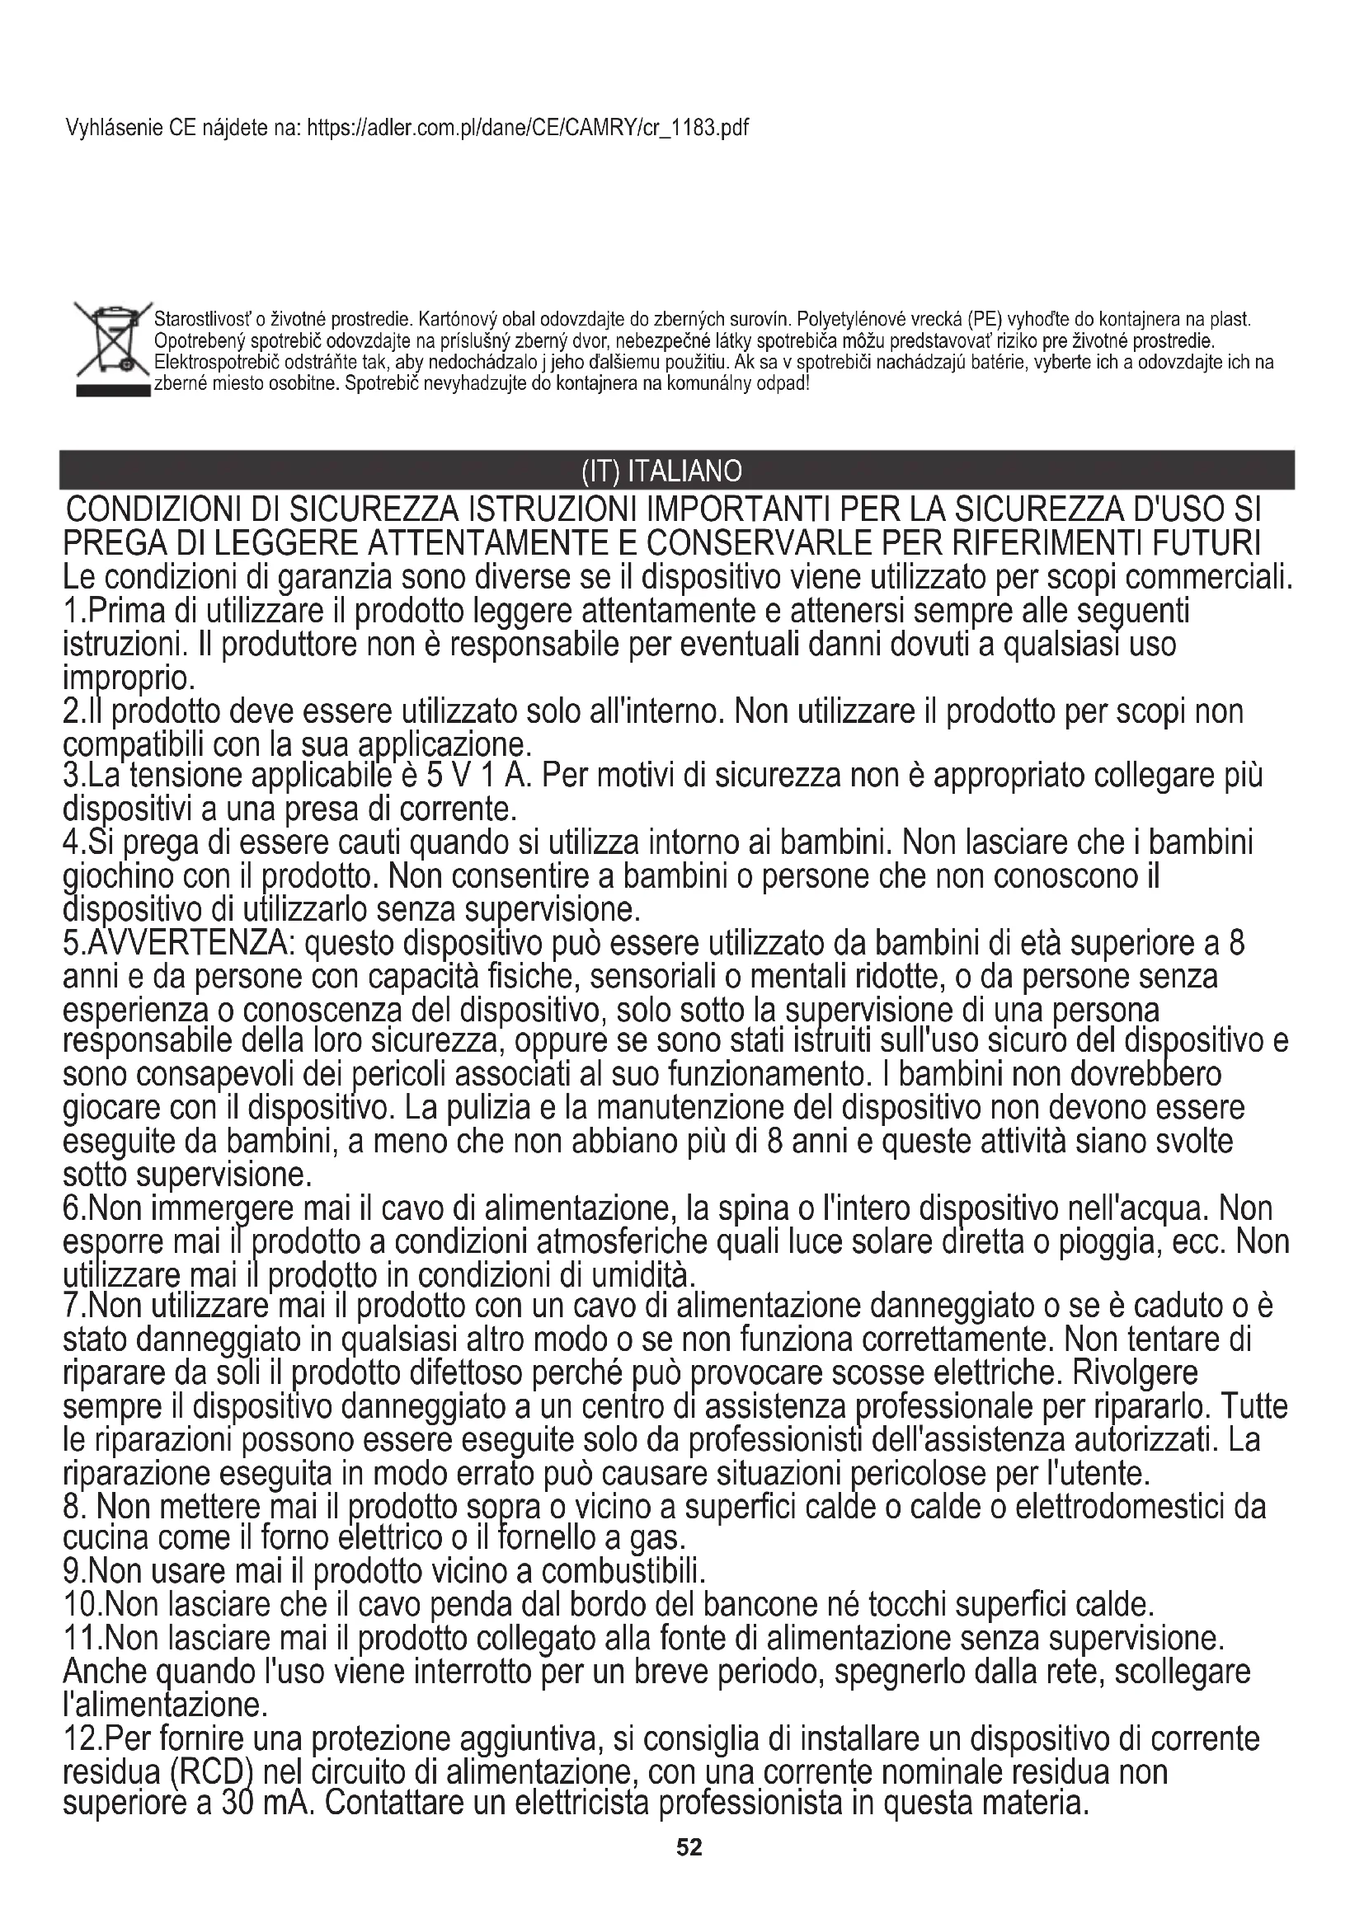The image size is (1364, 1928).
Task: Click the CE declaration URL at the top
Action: pyautogui.click(x=529, y=128)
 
